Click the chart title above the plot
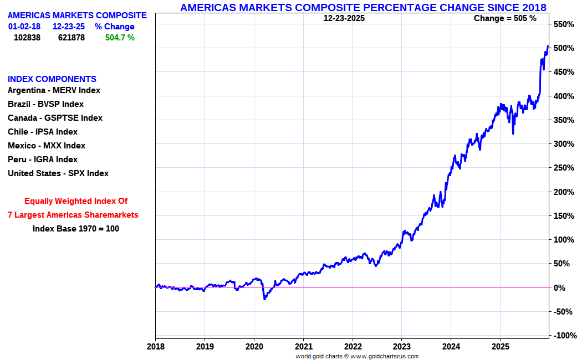pyautogui.click(x=363, y=7)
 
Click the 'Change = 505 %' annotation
pyautogui.click(x=505, y=18)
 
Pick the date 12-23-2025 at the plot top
pyautogui.click(x=344, y=18)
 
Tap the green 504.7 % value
pyautogui.click(x=120, y=38)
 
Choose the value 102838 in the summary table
pyautogui.click(x=27, y=38)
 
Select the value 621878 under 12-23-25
pyautogui.click(x=72, y=38)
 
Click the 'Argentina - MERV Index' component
pyautogui.click(x=54, y=90)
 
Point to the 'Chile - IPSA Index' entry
pyautogui.click(x=43, y=132)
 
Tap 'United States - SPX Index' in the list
pyautogui.click(x=58, y=173)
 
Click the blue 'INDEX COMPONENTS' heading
pyautogui.click(x=52, y=79)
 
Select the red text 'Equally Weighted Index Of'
pyautogui.click(x=76, y=201)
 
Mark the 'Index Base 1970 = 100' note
pyautogui.click(x=76, y=228)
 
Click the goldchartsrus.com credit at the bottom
pyautogui.click(x=357, y=356)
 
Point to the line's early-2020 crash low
pyautogui.click(x=264, y=299)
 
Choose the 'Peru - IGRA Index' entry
pyautogui.click(x=43, y=160)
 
